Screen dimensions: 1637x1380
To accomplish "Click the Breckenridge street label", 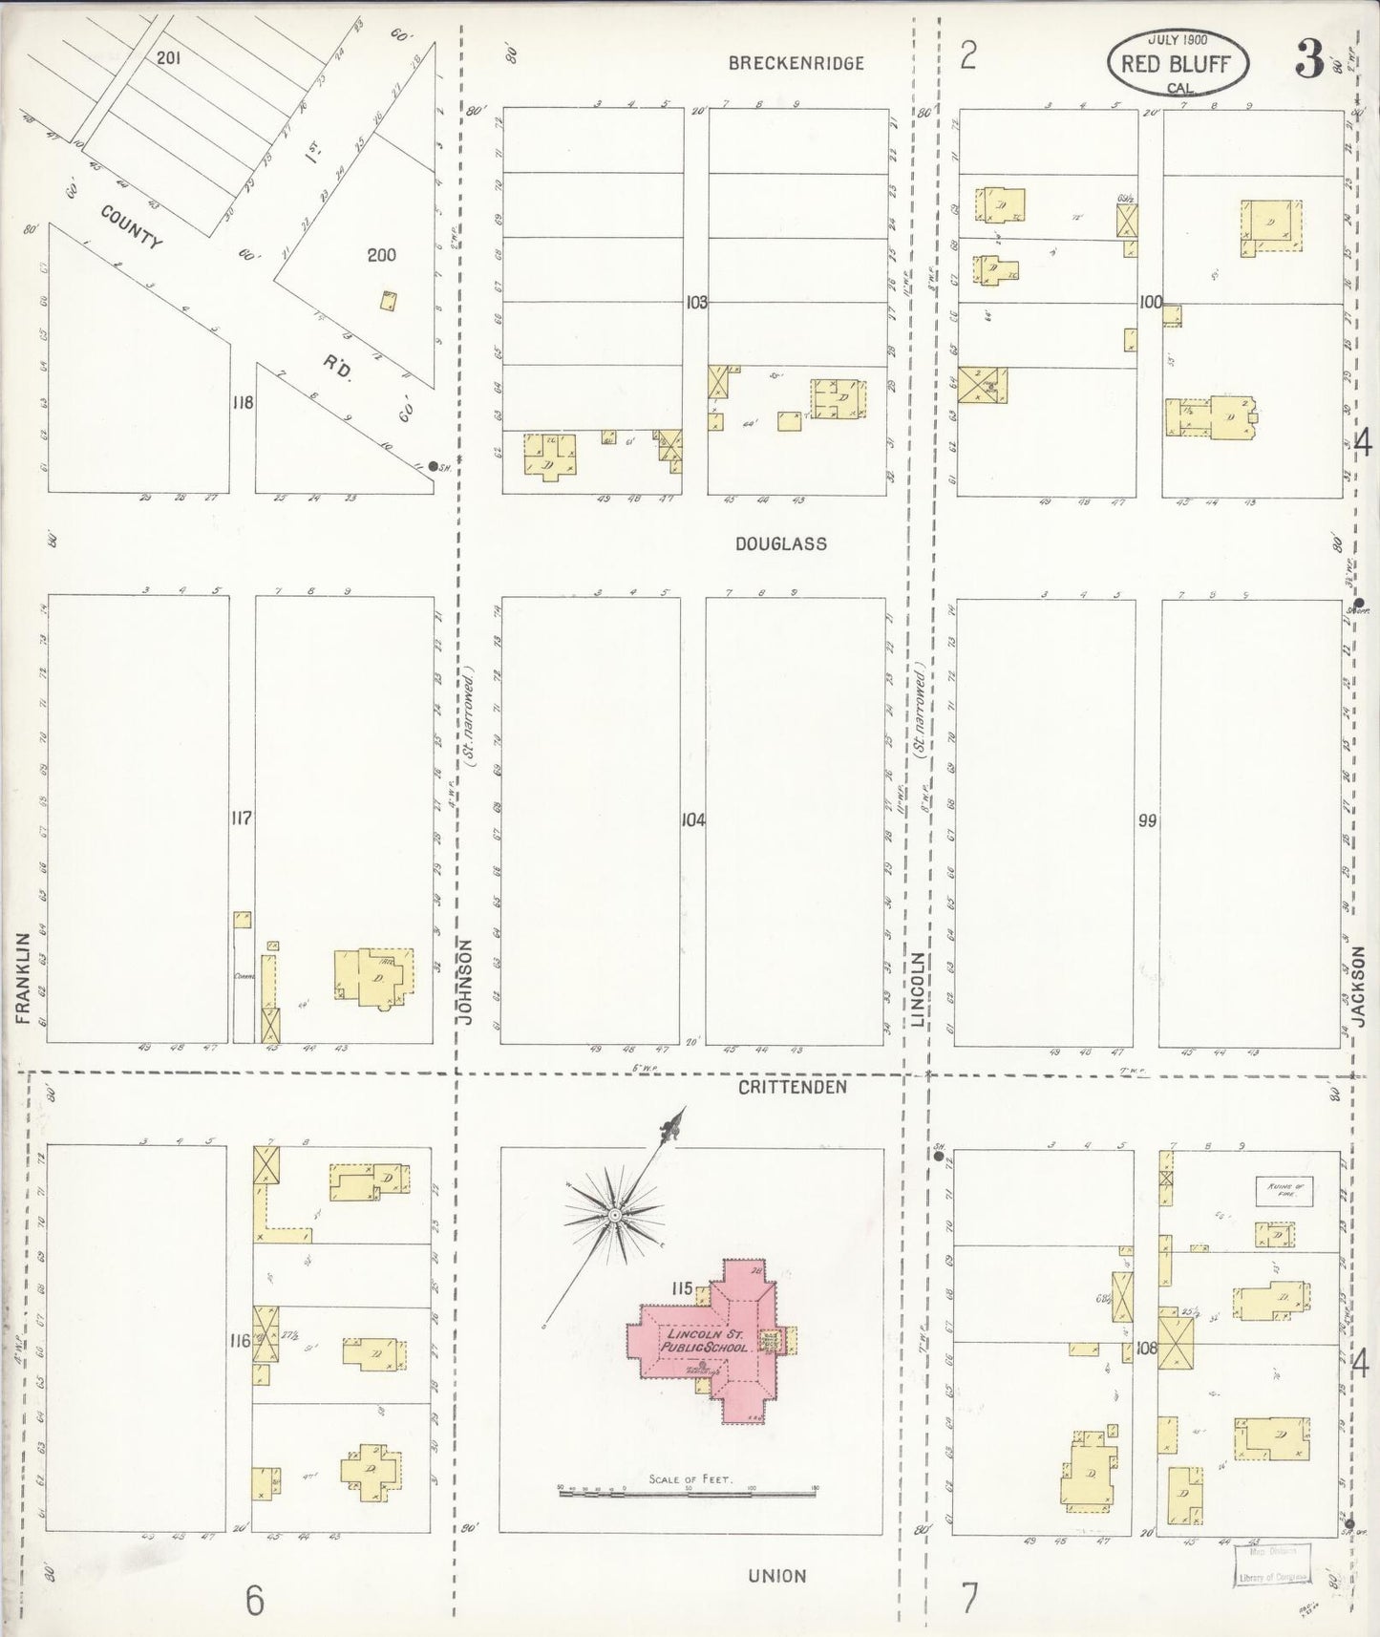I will (796, 63).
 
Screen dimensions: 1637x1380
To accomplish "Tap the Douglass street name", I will (780, 543).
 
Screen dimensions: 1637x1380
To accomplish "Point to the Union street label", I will (777, 1576).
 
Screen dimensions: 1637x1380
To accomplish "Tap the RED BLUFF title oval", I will (1177, 64).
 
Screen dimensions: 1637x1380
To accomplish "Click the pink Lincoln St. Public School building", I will (711, 1337).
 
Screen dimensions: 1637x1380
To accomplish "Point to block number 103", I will (696, 303).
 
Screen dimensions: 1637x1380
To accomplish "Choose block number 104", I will (693, 819).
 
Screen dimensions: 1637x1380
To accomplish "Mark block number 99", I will (1147, 819).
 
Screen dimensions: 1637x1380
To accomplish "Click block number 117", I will (242, 818).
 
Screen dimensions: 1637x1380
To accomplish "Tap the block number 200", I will (381, 255).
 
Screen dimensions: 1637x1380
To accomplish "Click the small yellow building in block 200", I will (389, 301).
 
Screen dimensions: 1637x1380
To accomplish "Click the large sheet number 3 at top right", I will (1309, 61).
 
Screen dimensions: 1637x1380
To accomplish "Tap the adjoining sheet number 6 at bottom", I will (254, 1601).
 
